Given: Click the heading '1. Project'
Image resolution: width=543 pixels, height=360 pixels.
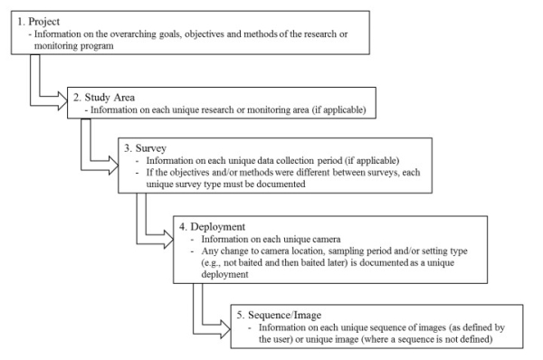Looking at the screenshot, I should (39, 20).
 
